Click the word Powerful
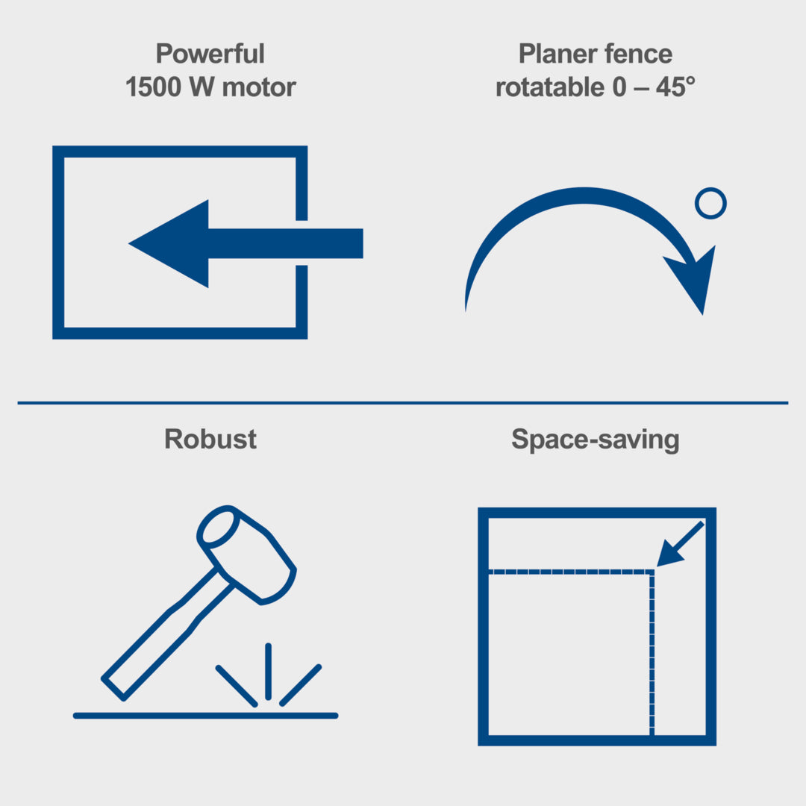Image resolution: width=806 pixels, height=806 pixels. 210,54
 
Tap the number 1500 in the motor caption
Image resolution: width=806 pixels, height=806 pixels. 153,87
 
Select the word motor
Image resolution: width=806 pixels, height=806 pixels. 259,87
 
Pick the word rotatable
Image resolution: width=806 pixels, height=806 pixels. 549,87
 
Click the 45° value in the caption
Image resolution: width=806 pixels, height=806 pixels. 675,87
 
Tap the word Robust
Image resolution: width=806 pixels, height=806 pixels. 210,440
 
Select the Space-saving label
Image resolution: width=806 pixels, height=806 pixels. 596,440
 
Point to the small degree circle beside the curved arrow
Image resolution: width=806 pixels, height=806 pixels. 710,204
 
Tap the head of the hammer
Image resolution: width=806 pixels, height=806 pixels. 246,553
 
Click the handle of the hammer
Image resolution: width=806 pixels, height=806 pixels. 164,637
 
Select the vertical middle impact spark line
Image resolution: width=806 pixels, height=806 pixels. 269,672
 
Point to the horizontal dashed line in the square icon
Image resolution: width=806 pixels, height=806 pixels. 571,572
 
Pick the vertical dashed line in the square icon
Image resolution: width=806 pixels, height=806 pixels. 652,653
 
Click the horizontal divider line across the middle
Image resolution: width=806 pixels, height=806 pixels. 403,403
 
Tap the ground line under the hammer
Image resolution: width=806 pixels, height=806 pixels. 206,716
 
